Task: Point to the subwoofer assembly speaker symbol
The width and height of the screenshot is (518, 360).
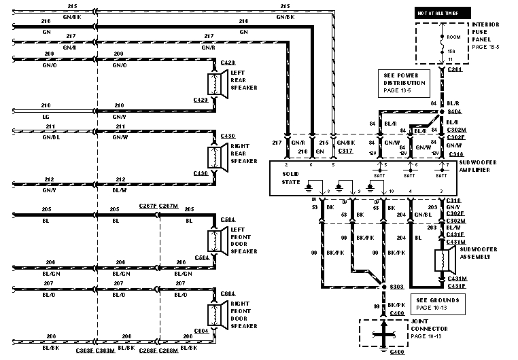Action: click(x=446, y=260)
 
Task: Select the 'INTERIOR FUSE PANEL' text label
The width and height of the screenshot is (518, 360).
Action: click(x=485, y=34)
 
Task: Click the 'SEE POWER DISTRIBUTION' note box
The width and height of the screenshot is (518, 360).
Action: click(x=409, y=83)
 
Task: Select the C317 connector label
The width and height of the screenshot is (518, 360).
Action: click(x=347, y=151)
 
